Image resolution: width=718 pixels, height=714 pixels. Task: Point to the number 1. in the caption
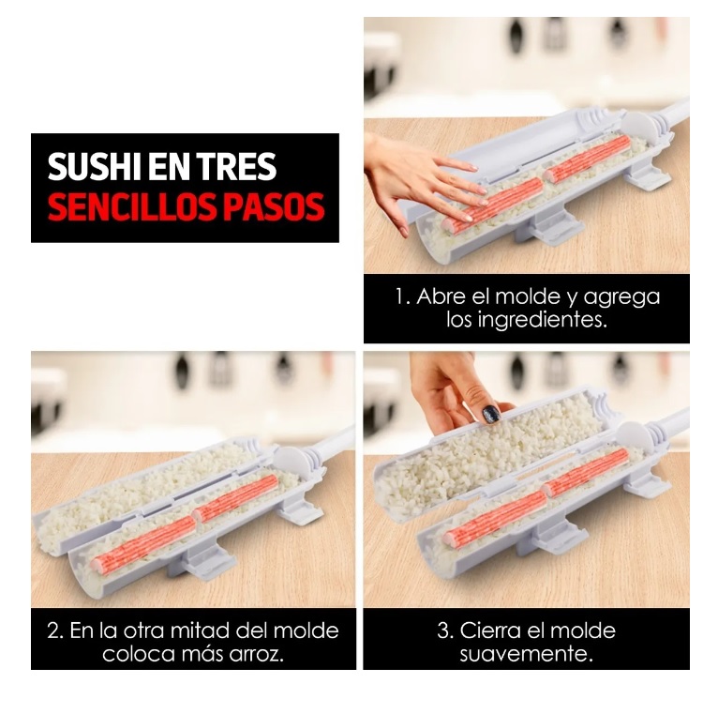pyautogui.click(x=402, y=297)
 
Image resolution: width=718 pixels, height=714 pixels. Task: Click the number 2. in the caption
pyautogui.click(x=55, y=630)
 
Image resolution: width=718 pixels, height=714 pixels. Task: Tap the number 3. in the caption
pyautogui.click(x=445, y=630)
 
